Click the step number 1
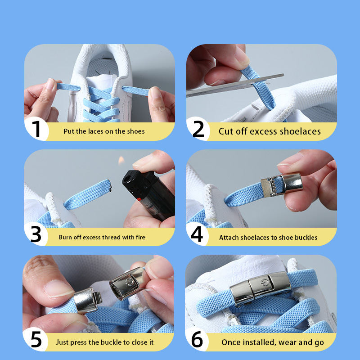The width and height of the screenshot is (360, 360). (36, 129)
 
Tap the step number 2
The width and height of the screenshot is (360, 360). (198, 129)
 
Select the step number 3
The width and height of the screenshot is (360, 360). (36, 234)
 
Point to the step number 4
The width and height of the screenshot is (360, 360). (197, 234)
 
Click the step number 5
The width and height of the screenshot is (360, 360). (36, 339)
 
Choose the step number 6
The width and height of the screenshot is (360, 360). (197, 339)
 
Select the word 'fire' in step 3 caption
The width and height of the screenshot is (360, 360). (140, 237)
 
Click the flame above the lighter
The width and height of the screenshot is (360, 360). (121, 160)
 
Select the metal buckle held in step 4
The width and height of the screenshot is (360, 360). (282, 185)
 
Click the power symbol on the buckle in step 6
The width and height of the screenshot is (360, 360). (265, 282)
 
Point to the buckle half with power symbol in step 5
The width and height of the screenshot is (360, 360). (127, 283)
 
